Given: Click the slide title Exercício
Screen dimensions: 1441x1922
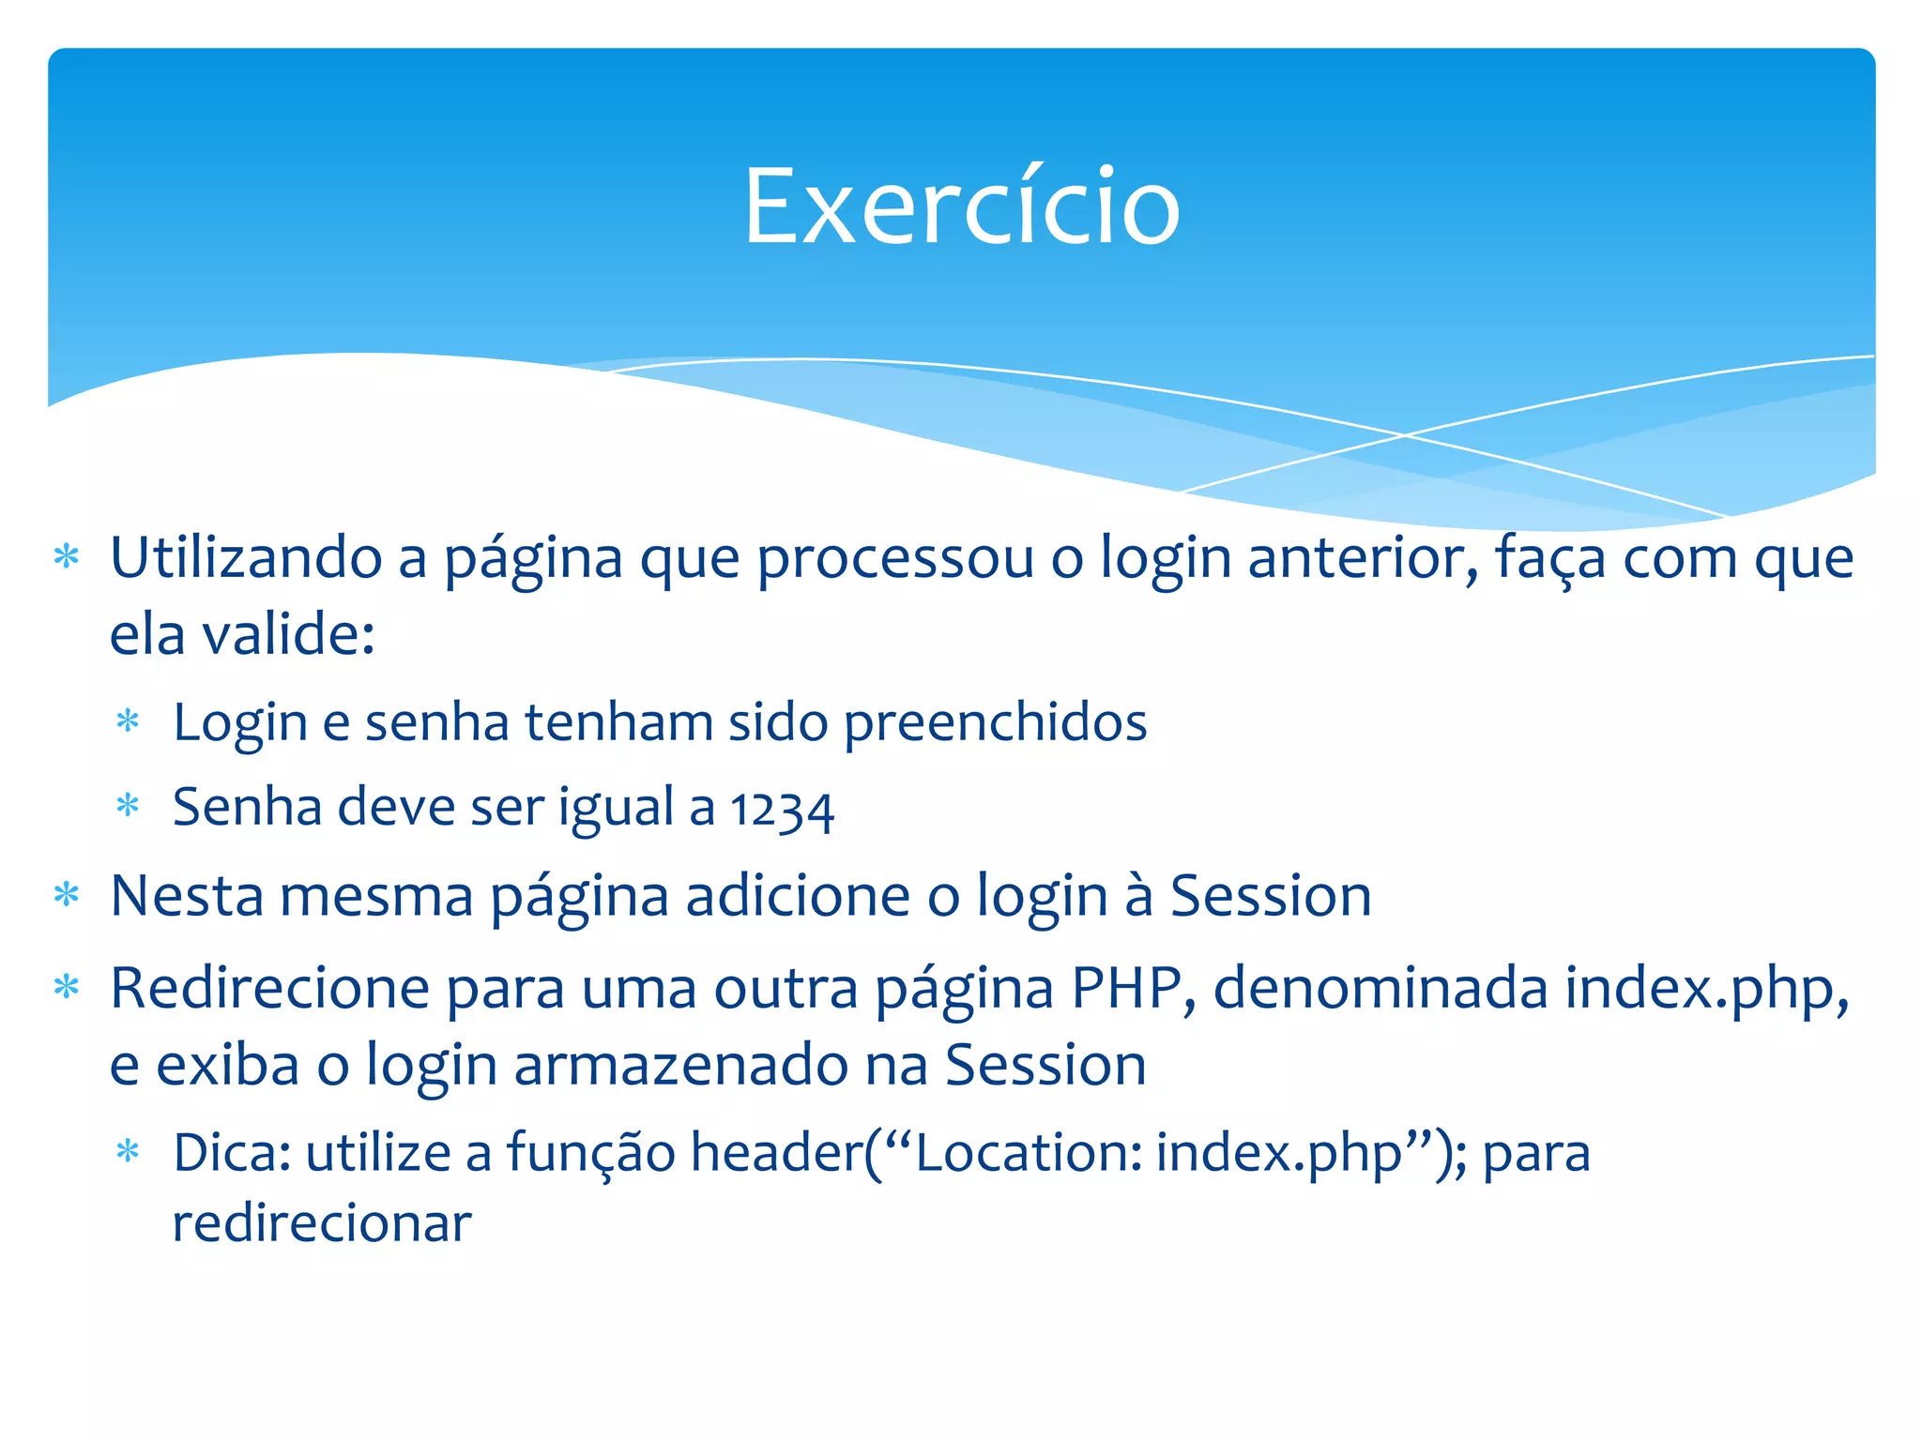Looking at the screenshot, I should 961,206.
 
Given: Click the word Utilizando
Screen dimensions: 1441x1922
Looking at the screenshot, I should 246,557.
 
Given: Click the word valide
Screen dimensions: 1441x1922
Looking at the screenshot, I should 288,634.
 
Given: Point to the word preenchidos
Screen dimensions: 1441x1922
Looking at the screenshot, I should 995,722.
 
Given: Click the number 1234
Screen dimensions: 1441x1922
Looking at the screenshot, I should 782,809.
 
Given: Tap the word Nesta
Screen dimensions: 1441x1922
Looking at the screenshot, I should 187,895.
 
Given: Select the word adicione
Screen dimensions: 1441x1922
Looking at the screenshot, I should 798,895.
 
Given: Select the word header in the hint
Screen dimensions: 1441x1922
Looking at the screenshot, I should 776,1153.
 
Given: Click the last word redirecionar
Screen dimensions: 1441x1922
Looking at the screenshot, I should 322,1224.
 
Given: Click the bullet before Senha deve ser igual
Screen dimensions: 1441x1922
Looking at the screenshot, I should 128,806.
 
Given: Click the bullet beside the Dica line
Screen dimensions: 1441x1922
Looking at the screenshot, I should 128,1151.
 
